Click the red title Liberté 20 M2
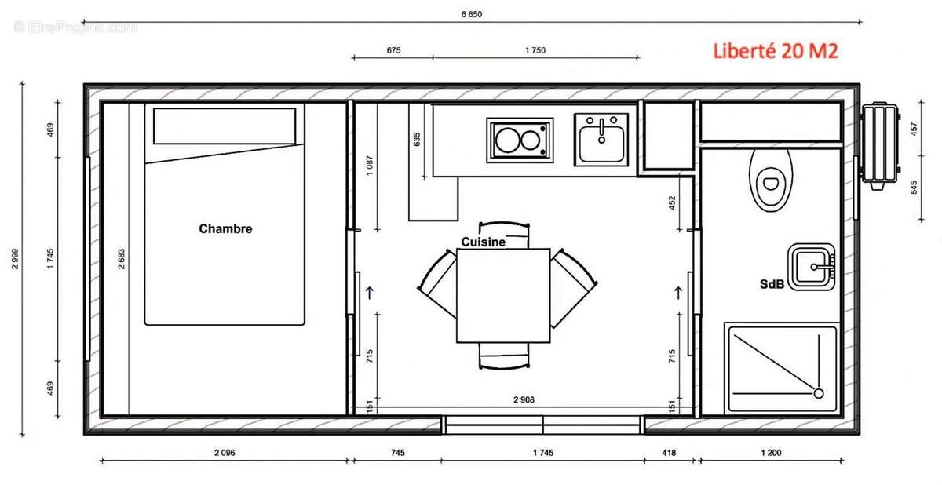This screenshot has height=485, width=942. pos(775,52)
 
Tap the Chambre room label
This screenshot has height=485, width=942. pos(225,229)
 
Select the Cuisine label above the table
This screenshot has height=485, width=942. pos(483,242)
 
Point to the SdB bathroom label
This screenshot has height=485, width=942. pos(772,285)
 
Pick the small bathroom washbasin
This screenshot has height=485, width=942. pos(812,268)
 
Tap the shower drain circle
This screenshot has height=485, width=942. pos(818,392)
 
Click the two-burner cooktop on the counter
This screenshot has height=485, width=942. pos(519,140)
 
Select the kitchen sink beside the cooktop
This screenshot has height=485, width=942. pos(601,140)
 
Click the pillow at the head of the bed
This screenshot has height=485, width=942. pos(225,126)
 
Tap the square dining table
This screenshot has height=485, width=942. pos(503,295)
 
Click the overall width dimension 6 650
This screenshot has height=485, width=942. pos(471,13)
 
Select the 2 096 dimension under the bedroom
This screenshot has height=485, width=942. pos(225,453)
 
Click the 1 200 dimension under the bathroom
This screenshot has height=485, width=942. pos(770,453)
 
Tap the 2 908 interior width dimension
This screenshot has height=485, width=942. pos(524,400)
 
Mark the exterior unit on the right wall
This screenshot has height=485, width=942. pos(878,144)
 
